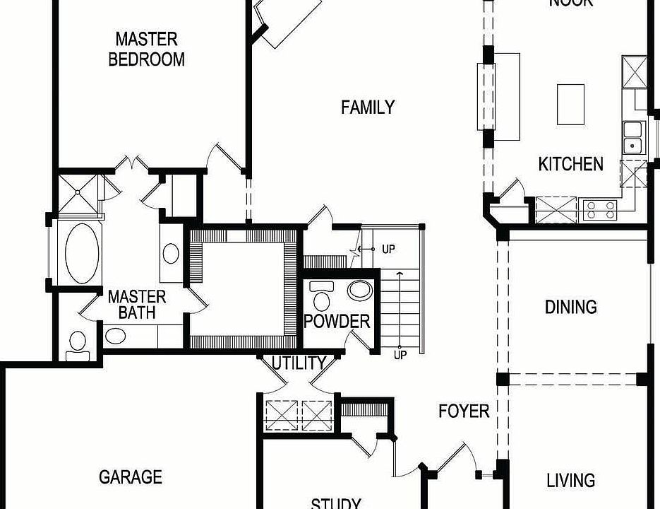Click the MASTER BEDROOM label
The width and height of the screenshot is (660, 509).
tap(147, 49)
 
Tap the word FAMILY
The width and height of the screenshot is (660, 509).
tap(368, 107)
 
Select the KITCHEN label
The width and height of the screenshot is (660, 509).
tap(570, 164)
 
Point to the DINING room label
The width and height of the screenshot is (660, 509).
tap(570, 307)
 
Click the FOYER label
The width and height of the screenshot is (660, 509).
tap(464, 411)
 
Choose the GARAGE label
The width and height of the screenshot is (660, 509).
tap(131, 477)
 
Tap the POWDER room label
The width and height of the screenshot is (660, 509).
tap(337, 322)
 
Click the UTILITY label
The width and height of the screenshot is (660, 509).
tap(299, 363)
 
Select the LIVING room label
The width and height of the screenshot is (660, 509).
tap(570, 481)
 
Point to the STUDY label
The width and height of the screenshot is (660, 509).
tap(336, 503)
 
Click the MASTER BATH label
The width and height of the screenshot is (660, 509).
tap(137, 304)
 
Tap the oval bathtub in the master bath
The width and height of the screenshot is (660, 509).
tap(83, 251)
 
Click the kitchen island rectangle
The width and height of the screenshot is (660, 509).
tap(570, 104)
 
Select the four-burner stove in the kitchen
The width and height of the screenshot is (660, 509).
tap(599, 209)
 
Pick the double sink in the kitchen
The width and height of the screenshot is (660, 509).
tap(632, 137)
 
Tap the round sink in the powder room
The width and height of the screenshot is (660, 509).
tap(361, 290)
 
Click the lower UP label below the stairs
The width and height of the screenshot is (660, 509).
tap(400, 355)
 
